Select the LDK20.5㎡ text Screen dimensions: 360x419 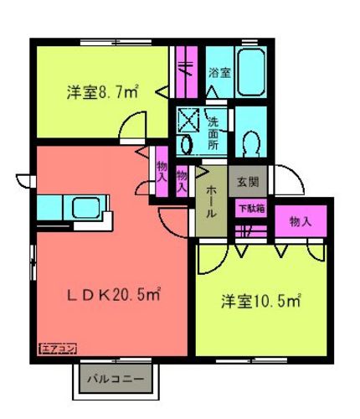(x=114, y=295)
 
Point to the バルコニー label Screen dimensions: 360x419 (x=116, y=379)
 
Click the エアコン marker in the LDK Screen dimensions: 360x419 (x=58, y=349)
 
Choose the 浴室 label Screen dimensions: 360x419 (x=219, y=73)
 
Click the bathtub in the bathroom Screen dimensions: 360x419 (x=251, y=72)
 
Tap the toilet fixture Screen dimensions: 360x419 (x=251, y=143)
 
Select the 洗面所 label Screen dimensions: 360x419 (x=213, y=134)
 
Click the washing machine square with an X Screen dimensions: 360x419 (x=188, y=120)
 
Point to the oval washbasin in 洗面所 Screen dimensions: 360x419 (x=187, y=144)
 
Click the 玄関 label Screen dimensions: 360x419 (x=248, y=182)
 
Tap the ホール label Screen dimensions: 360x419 (x=211, y=202)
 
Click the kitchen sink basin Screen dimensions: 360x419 (x=85, y=208)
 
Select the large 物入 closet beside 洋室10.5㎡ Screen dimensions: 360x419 (x=301, y=221)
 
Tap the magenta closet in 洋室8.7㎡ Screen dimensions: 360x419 (x=187, y=72)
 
